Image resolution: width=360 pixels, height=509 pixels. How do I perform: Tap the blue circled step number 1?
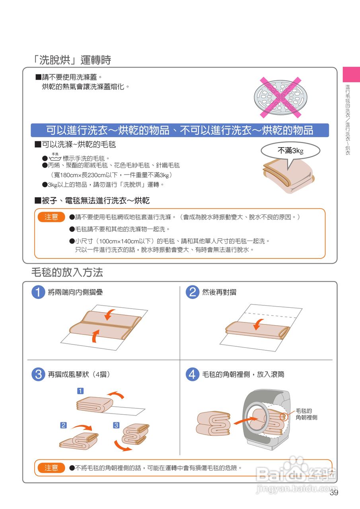(x=38, y=292)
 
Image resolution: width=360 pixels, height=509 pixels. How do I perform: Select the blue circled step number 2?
(x=193, y=292)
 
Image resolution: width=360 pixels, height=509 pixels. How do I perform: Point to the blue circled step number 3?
(x=38, y=374)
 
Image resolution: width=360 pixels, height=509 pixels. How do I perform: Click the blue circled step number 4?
(x=193, y=374)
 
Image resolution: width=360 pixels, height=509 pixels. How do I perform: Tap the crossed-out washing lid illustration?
(x=280, y=97)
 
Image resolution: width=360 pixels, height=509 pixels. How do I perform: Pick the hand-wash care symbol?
(x=55, y=157)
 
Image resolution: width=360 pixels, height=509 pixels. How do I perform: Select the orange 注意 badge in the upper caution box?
(x=51, y=217)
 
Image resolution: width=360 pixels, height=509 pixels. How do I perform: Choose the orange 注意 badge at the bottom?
(x=51, y=468)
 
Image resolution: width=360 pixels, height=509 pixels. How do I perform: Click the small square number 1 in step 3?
(x=80, y=390)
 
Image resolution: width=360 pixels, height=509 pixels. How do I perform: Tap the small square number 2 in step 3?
(x=63, y=425)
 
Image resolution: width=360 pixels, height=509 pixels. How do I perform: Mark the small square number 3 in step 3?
(x=116, y=425)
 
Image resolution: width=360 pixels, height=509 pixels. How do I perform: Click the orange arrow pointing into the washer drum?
(x=247, y=420)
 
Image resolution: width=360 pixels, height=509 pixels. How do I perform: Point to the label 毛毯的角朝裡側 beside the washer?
(x=306, y=414)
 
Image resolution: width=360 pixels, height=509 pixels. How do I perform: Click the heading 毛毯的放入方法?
(x=67, y=272)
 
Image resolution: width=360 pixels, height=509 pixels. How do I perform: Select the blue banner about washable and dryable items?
(x=180, y=130)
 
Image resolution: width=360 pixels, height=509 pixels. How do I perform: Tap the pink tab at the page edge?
(x=351, y=74)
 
